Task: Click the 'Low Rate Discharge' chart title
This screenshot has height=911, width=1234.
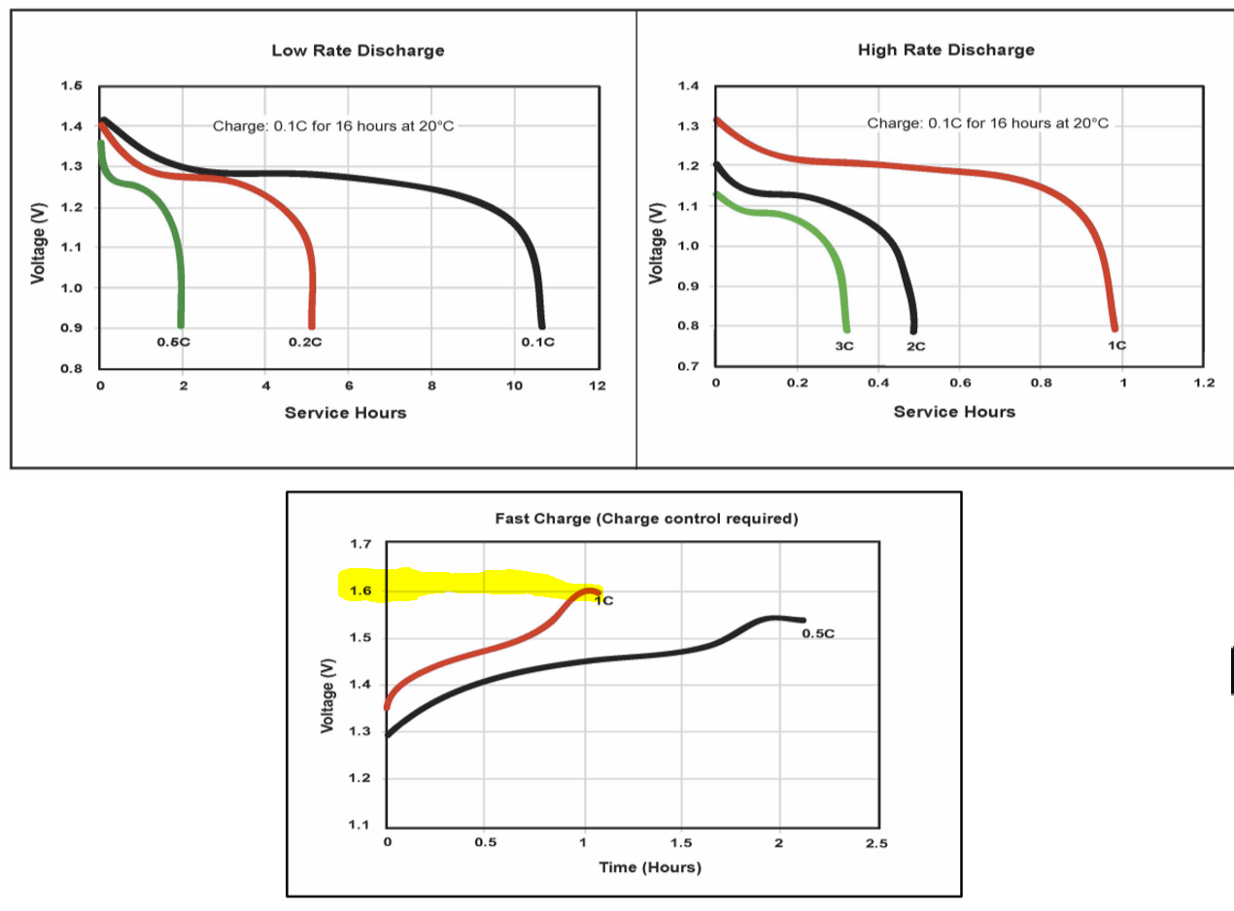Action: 359,51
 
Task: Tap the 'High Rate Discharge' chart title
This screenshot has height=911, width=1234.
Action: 945,50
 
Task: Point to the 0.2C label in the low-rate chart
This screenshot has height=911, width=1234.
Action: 304,343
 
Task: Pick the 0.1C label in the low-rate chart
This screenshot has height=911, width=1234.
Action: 537,343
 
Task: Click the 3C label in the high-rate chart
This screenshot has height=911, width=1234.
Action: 843,346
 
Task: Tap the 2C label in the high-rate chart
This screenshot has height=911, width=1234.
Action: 915,346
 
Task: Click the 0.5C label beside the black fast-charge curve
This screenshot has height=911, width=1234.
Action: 818,634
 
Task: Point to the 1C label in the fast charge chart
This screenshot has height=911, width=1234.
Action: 603,600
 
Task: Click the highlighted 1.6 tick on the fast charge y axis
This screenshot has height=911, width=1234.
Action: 360,590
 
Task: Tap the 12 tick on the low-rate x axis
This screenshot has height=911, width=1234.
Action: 598,387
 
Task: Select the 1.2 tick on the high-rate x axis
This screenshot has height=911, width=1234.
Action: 1203,383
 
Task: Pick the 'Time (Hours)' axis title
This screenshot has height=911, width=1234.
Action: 649,867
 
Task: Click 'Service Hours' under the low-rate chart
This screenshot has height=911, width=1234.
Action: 345,413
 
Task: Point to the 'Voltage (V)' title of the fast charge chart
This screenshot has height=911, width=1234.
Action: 327,696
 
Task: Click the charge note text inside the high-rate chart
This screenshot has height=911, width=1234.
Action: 986,123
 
